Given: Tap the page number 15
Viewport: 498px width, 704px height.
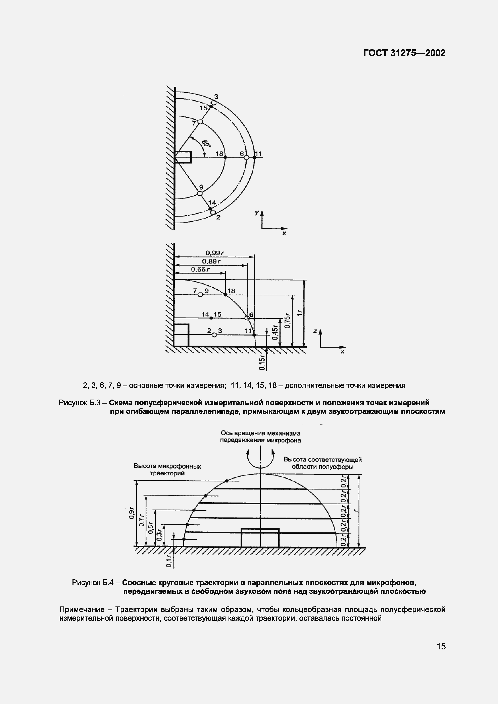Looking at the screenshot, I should coord(441,646).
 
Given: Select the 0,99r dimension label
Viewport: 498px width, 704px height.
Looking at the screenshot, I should coord(215,253).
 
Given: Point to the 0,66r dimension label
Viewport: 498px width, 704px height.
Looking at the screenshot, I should coord(200,269).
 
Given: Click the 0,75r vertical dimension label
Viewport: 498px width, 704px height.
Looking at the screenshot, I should coord(288,320).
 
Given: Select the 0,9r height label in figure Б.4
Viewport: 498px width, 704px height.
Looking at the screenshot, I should coord(132,513).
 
